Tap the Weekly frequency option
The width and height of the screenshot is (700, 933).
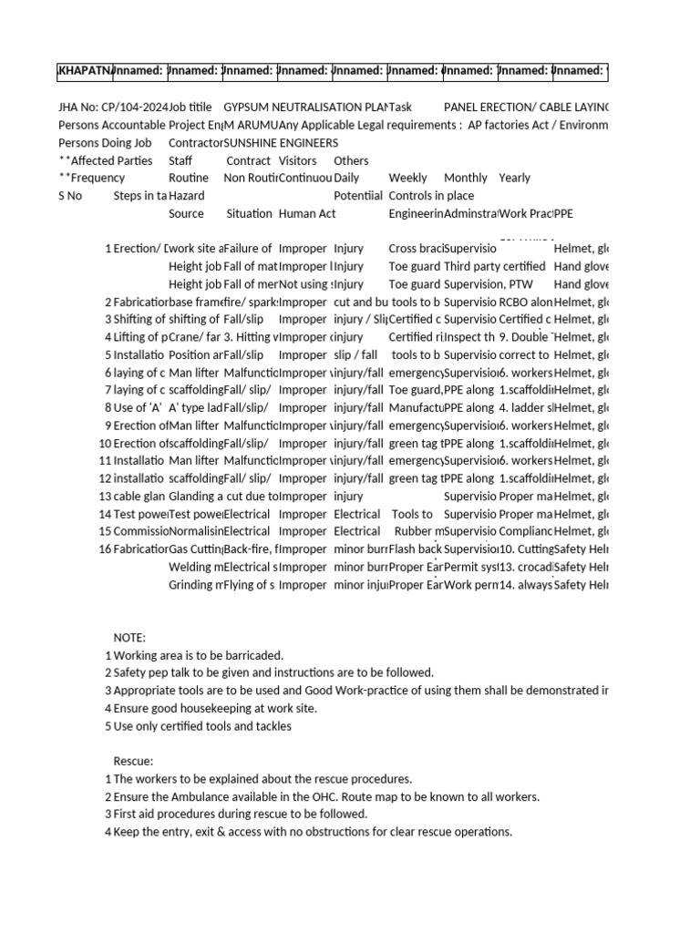pos(407,179)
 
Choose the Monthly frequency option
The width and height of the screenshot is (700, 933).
pos(465,179)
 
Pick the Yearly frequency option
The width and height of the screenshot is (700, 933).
pos(514,179)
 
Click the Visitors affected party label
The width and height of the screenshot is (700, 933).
pos(297,160)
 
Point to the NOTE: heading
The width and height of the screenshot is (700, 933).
pos(129,638)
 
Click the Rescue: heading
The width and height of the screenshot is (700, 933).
pos(133,761)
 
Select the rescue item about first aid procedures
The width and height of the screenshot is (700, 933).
pos(241,814)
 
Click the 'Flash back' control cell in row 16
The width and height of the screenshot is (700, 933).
pos(415,549)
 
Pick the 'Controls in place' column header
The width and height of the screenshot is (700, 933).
pos(431,196)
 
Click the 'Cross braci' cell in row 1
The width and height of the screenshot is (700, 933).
pos(415,249)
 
